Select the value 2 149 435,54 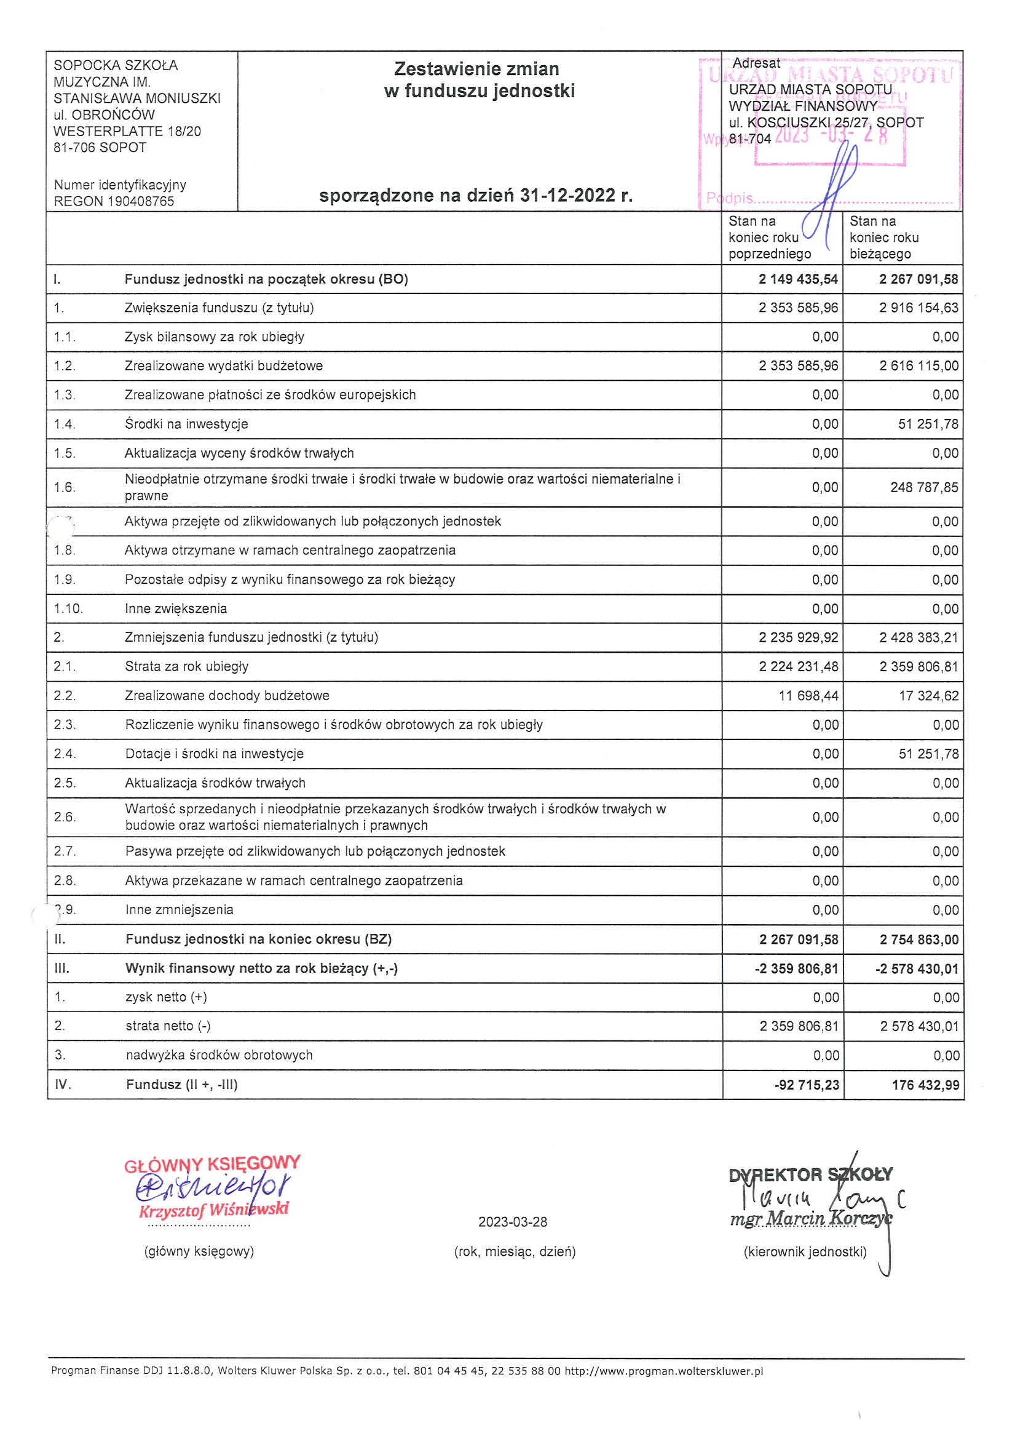pyautogui.click(x=798, y=279)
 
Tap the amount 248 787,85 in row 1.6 pyautogui.click(x=924, y=487)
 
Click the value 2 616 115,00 pyautogui.click(x=919, y=366)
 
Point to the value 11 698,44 pyautogui.click(x=809, y=696)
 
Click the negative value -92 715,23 pyautogui.click(x=807, y=1085)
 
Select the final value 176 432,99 pyautogui.click(x=925, y=1085)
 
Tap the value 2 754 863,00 pyautogui.click(x=919, y=939)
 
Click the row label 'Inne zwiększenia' pyautogui.click(x=176, y=609)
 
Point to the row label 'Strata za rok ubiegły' pyautogui.click(x=186, y=666)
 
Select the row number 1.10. pyautogui.click(x=68, y=609)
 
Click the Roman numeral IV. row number pyautogui.click(x=63, y=1084)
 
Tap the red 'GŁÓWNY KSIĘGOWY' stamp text pyautogui.click(x=212, y=1165)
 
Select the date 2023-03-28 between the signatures pyautogui.click(x=513, y=1222)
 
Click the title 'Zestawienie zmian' pyautogui.click(x=476, y=69)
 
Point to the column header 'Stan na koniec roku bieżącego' pyautogui.click(x=884, y=237)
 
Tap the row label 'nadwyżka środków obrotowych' pyautogui.click(x=219, y=1055)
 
